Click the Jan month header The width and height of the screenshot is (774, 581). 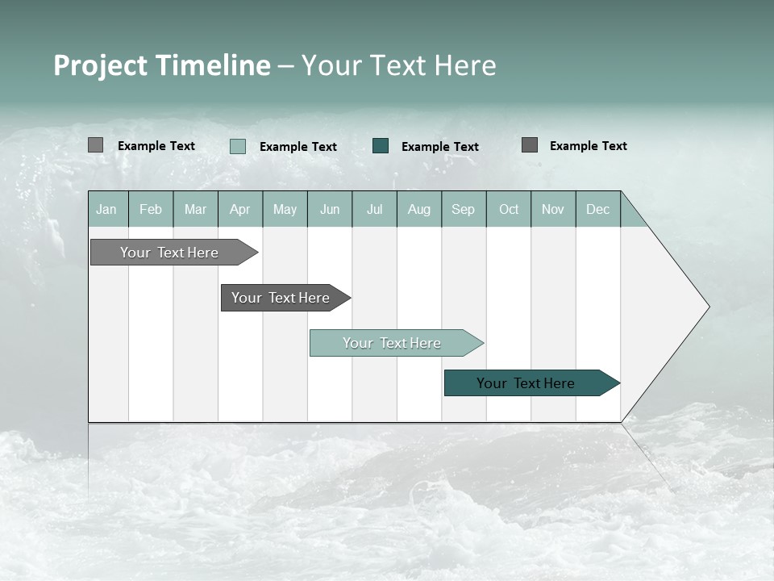[x=106, y=209]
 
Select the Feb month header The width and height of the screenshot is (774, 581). [x=151, y=209]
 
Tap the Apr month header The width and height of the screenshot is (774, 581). [x=239, y=209]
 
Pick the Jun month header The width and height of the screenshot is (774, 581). [x=330, y=209]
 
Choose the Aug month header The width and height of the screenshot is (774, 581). [x=418, y=209]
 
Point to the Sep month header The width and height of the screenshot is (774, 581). [x=463, y=209]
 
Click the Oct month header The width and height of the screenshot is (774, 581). [x=509, y=209]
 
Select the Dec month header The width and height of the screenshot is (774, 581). [x=597, y=209]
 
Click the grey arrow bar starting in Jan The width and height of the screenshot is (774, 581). [x=169, y=253]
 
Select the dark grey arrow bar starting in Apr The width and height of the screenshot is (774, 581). [x=281, y=298]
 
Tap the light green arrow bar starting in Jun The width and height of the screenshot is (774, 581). [x=392, y=343]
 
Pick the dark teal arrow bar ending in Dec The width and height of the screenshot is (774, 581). [x=526, y=383]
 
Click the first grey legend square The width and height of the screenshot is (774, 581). [x=95, y=145]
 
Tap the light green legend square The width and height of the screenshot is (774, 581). [x=237, y=146]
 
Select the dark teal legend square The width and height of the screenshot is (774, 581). [x=381, y=146]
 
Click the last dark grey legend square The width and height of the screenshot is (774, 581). [x=529, y=145]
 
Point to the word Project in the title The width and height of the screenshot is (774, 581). [x=102, y=65]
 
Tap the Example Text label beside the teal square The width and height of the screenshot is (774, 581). [x=439, y=146]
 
